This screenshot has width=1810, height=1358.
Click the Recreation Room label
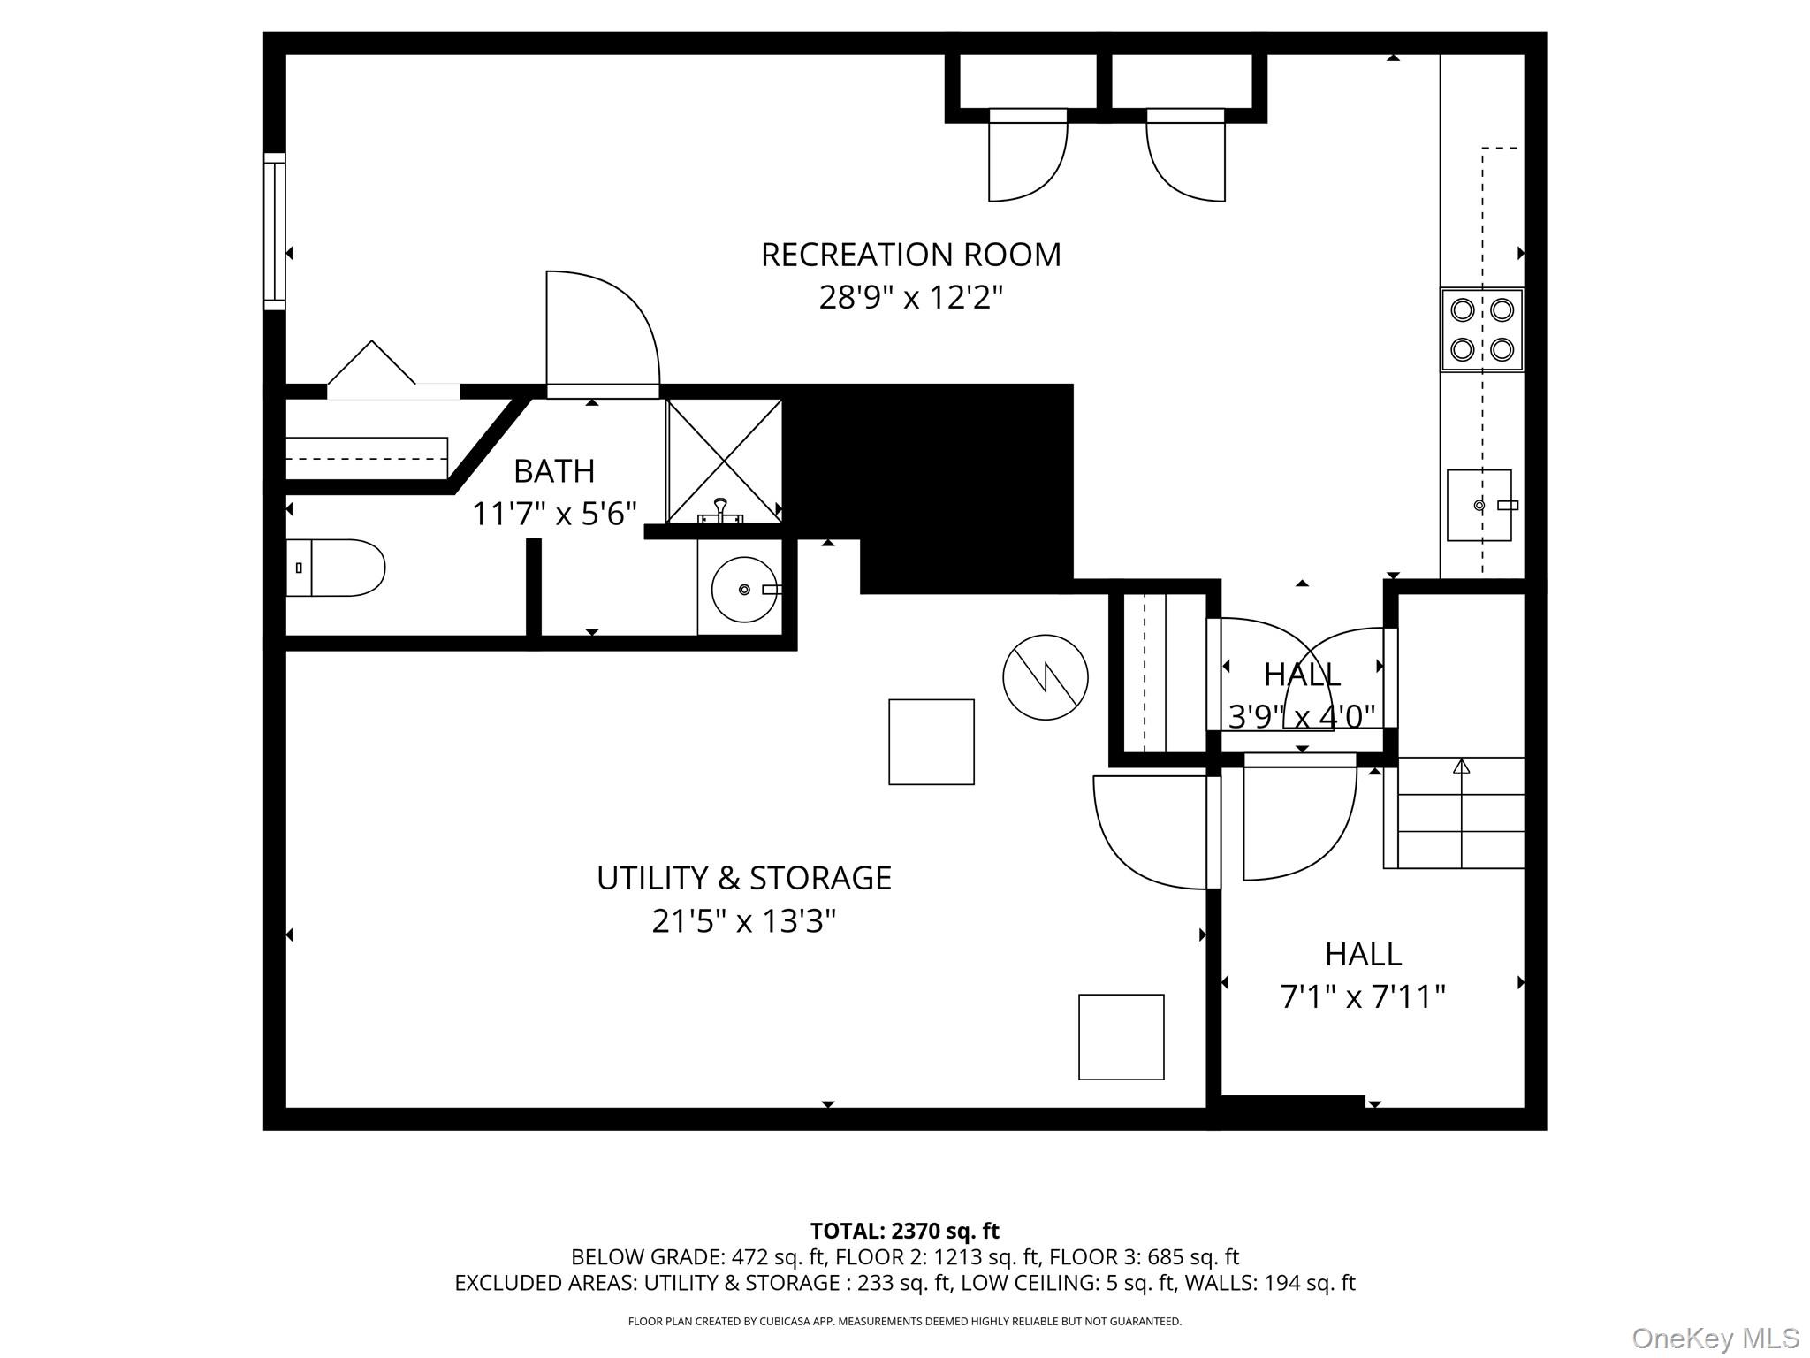tap(910, 255)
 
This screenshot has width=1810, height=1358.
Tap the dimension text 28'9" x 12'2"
tap(910, 298)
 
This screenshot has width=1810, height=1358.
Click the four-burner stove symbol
tap(1482, 330)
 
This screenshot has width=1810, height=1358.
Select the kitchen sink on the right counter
tap(1479, 505)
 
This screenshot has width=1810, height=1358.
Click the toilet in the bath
tap(336, 568)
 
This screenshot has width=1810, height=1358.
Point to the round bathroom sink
tap(743, 589)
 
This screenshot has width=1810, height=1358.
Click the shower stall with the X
tap(724, 461)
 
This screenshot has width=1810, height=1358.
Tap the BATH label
tap(554, 471)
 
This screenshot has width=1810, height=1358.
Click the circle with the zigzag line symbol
tap(1045, 677)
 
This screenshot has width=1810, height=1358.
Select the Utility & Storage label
tap(743, 878)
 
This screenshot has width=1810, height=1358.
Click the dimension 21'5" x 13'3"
tap(743, 921)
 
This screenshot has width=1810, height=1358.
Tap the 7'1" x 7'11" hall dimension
tap(1363, 997)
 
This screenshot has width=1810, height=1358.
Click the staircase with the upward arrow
tap(1461, 813)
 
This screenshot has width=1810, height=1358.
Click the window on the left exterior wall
tap(275, 232)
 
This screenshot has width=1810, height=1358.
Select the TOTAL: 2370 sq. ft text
tap(904, 1231)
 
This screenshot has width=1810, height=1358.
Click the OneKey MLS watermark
tap(1715, 1339)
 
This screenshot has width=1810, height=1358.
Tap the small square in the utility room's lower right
tap(1121, 1037)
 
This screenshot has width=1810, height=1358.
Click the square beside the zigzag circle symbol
tap(931, 742)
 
